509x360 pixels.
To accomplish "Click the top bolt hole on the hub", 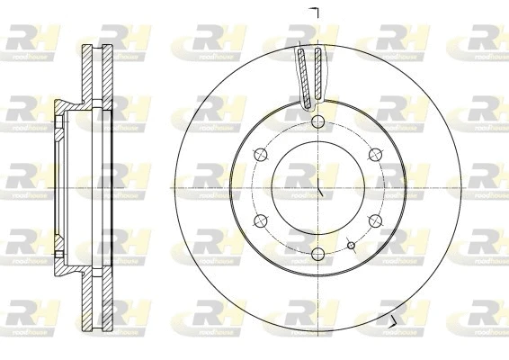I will click(x=319, y=122).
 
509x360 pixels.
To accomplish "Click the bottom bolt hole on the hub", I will click(x=319, y=255).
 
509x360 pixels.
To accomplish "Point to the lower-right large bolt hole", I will click(x=377, y=221).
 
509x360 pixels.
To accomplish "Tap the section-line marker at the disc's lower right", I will click(x=393, y=320).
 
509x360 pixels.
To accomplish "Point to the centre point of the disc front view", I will click(x=319, y=188).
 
